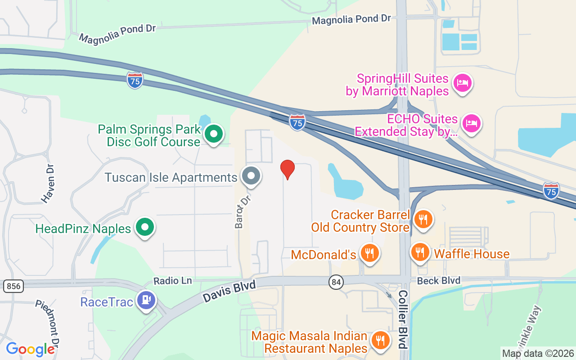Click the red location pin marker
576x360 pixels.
pos(288,169)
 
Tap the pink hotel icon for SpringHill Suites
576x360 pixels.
pos(462,83)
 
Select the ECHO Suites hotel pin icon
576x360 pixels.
pos(471,123)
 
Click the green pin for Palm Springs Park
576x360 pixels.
pos(214,134)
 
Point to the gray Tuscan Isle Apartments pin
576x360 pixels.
pos(251,176)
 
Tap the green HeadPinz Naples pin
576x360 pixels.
pos(144,228)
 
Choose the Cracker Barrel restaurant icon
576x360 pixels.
pos(423,220)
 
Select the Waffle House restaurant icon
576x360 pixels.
pos(420,252)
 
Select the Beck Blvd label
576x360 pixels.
pos(438,281)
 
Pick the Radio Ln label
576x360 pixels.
pos(172,281)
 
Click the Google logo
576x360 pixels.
pos(30,349)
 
